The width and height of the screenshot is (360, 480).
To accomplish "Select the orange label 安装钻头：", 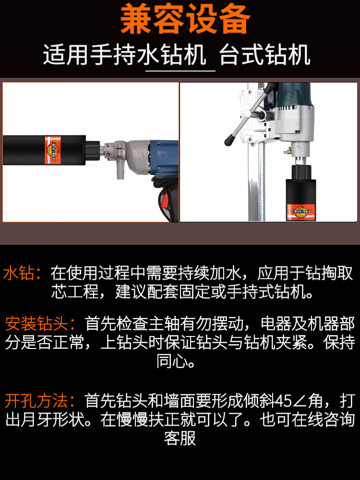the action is [x=41, y=324].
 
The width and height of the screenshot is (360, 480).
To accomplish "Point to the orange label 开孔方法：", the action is [x=41, y=400].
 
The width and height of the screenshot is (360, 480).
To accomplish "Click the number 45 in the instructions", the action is [x=284, y=401].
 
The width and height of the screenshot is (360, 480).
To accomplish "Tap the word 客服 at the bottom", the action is [x=180, y=438].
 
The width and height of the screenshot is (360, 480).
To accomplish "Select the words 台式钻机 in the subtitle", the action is [x=265, y=55].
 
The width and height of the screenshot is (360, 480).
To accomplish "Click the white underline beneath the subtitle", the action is [x=180, y=71].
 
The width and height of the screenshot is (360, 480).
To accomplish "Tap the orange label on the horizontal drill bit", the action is [x=53, y=150].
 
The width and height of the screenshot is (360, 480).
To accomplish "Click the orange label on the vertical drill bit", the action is [x=300, y=212].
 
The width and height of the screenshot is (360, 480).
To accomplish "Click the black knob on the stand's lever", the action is [x=229, y=141].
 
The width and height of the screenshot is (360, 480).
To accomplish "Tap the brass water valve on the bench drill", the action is [x=288, y=150].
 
